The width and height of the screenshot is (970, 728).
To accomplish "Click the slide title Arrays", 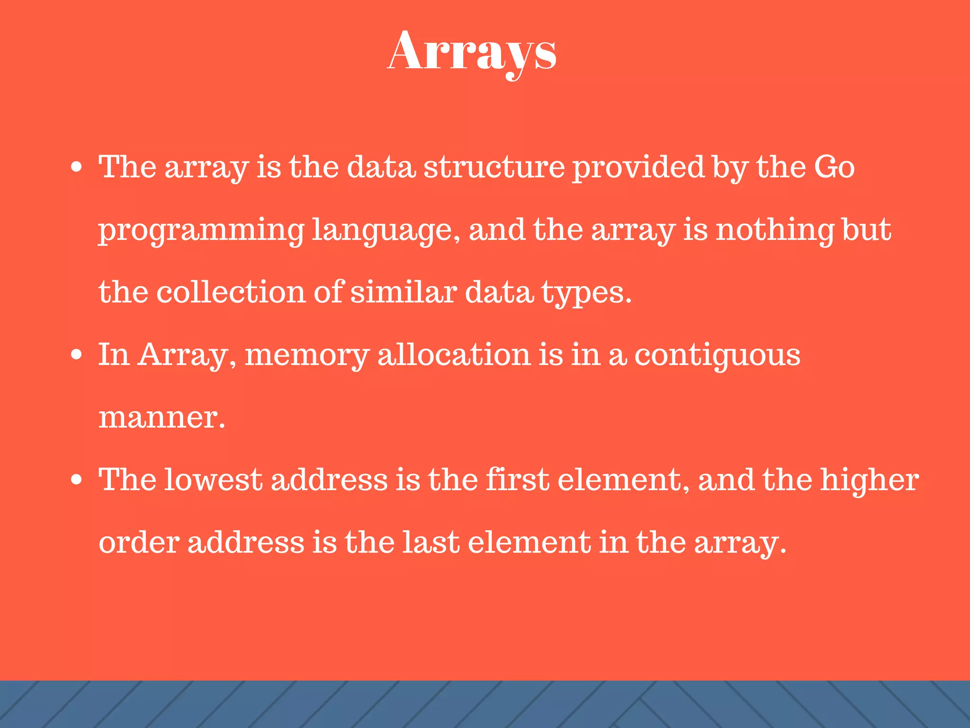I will click(472, 52).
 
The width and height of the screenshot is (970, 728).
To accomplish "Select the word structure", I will click(494, 167).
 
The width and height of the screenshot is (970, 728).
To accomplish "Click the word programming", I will click(201, 231).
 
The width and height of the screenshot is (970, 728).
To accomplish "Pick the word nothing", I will click(774, 230).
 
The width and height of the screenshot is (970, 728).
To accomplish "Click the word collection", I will click(231, 292).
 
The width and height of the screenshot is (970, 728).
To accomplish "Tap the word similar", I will click(404, 292).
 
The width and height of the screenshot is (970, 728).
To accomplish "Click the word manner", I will click(162, 418).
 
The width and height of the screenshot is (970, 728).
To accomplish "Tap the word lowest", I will click(213, 480).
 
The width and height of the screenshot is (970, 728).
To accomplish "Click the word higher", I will click(870, 481).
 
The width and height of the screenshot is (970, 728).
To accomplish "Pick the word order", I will click(139, 543).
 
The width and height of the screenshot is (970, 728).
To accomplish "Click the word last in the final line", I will click(431, 543).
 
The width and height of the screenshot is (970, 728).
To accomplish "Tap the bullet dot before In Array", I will click(76, 355).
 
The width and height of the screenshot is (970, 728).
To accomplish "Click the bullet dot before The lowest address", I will click(76, 480).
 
